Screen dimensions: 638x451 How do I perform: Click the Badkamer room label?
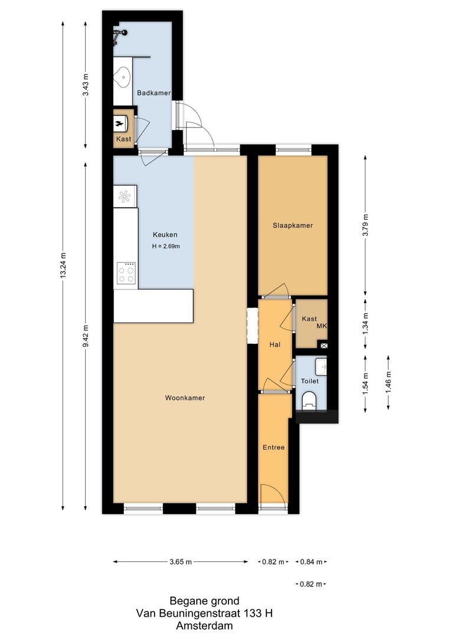[153, 93]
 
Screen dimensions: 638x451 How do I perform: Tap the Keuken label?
[165, 234]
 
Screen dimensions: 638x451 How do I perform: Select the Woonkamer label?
[185, 398]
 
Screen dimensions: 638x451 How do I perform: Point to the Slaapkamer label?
[292, 226]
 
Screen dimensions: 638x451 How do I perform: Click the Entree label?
[273, 448]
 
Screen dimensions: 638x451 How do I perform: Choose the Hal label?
[274, 344]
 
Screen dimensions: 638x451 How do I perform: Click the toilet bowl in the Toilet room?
[309, 402]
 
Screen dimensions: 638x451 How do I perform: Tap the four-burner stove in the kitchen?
[126, 274]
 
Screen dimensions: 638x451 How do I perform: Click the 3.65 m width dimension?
[180, 562]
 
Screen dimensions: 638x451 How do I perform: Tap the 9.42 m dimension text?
[86, 335]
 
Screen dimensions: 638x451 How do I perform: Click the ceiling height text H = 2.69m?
[165, 247]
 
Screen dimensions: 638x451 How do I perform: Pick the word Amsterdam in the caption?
[204, 626]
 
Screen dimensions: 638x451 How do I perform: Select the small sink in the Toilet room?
[321, 367]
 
